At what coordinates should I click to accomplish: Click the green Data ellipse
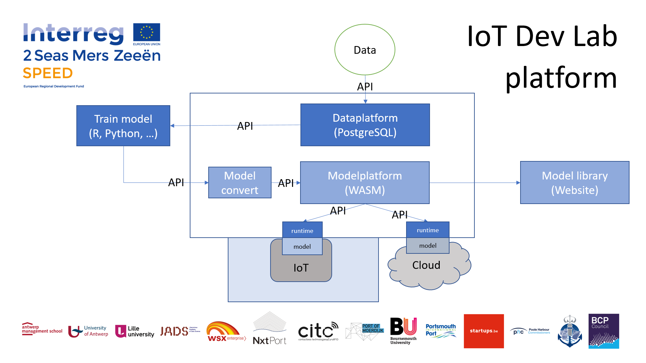click(365, 50)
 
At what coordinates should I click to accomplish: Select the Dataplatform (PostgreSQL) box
click(365, 125)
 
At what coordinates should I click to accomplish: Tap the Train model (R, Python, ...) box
click(123, 126)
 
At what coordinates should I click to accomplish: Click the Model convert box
click(240, 183)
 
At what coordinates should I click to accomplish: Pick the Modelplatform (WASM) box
click(365, 183)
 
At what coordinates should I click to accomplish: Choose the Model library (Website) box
click(575, 183)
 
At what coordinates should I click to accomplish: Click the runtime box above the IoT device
click(302, 231)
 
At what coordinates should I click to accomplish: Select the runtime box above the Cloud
click(428, 230)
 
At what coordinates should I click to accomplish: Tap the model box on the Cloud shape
click(428, 246)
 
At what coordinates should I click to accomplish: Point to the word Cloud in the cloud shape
click(426, 265)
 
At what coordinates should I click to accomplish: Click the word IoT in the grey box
click(301, 268)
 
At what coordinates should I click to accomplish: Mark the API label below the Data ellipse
click(365, 87)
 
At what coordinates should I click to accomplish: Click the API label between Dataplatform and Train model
click(245, 126)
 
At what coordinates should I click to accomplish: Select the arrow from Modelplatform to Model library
click(474, 183)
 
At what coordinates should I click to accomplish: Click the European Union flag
click(147, 33)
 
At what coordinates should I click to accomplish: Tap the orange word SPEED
click(48, 73)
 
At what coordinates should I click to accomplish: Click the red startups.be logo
click(483, 331)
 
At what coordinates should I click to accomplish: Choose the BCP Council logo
click(604, 331)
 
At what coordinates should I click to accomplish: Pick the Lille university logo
click(135, 331)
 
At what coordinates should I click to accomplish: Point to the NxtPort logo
click(270, 329)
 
